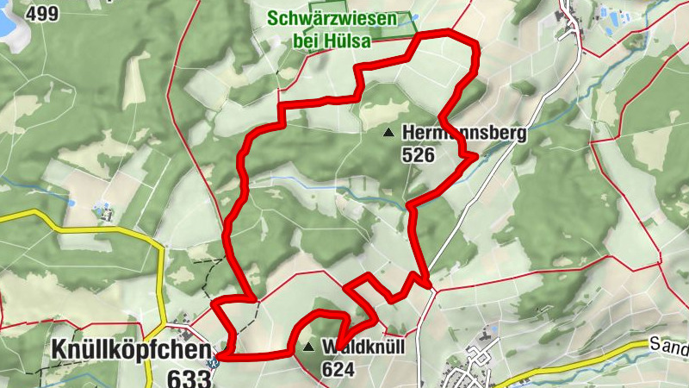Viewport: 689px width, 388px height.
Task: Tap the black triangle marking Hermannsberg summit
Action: coord(388,133)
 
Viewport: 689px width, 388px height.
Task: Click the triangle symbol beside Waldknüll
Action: coord(309,347)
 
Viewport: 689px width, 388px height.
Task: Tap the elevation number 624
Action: coord(338,368)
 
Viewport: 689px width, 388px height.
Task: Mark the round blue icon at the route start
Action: coord(214,360)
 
